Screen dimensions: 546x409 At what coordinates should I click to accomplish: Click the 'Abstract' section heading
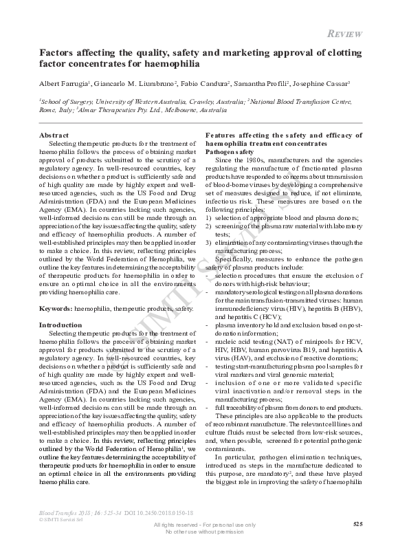(x=54, y=135)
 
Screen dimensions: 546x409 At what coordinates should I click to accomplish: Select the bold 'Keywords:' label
(x=56, y=310)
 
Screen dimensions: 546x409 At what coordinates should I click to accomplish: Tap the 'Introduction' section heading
(x=61, y=324)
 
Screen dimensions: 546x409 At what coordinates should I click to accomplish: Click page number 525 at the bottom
(x=357, y=524)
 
